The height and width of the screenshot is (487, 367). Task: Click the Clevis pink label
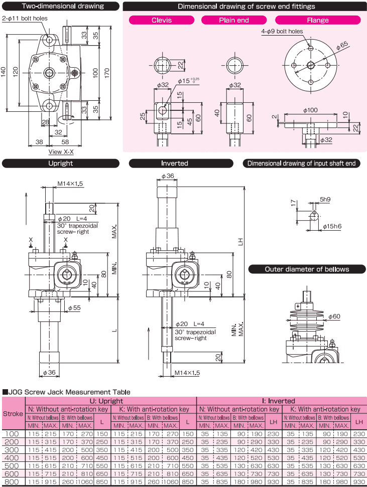161,21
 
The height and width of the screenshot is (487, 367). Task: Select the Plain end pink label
234,21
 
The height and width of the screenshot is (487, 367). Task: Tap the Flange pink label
317,21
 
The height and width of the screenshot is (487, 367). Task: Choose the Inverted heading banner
175,164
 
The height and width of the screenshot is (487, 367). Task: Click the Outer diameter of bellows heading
307,269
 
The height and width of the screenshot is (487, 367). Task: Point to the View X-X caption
61,150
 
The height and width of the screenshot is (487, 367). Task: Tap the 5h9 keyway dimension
325,200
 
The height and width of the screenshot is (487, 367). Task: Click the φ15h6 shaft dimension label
331,227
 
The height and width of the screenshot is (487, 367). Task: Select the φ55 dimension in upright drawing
74,307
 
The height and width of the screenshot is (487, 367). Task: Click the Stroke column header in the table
13,414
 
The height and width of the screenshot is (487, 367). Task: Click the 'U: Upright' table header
110,401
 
